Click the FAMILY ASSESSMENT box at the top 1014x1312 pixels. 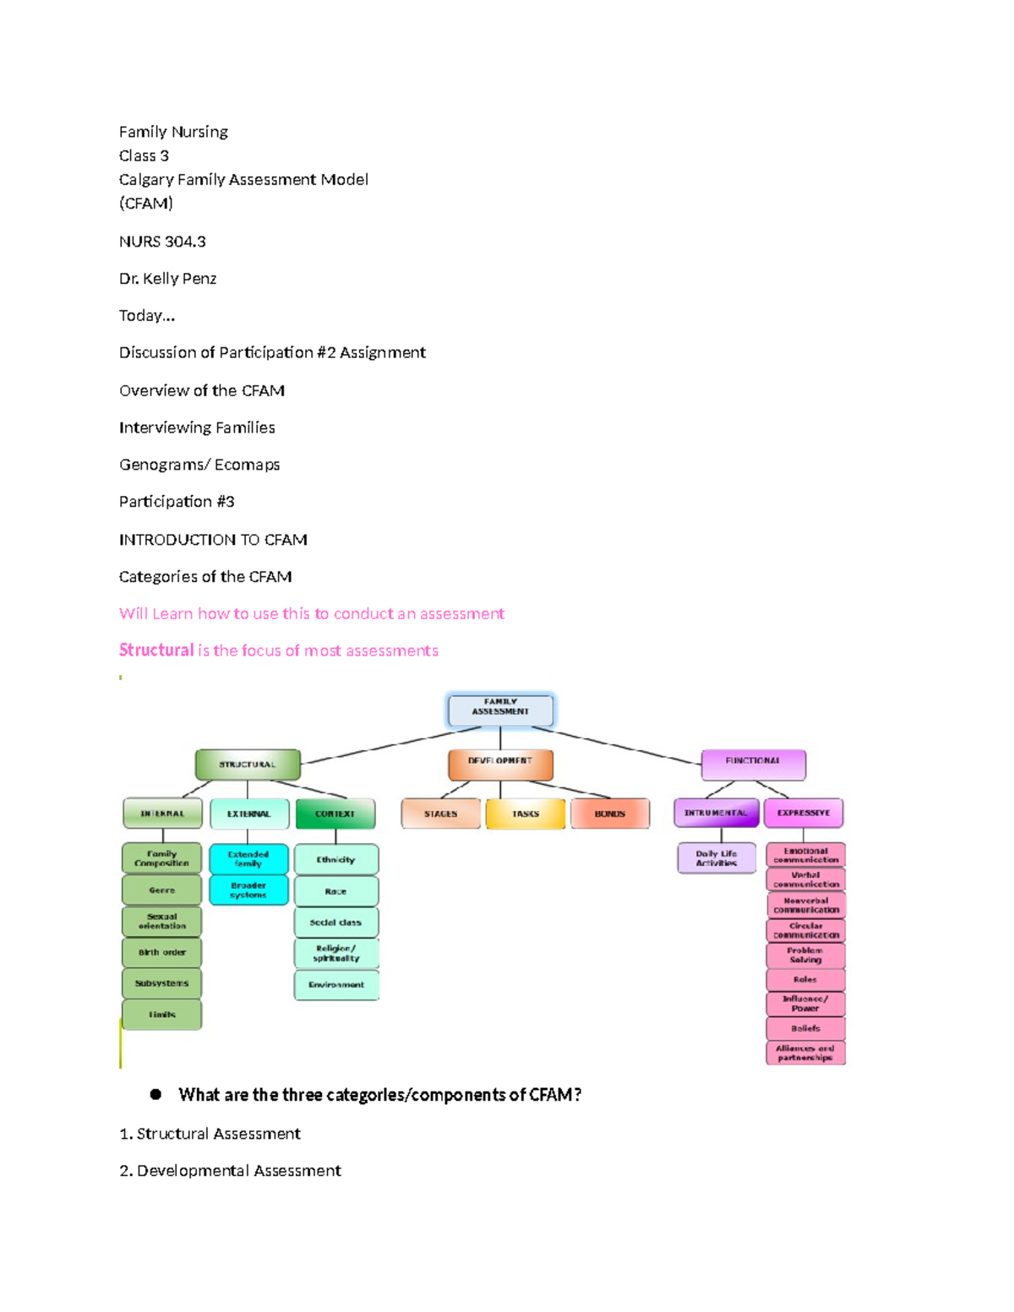point(500,710)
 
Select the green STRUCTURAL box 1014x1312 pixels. point(248,765)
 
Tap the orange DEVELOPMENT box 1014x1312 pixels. point(500,764)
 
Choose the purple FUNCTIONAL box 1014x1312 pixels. point(753,764)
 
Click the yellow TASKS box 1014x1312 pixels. point(525,814)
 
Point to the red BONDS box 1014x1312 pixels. point(609,814)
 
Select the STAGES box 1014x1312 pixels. point(440,814)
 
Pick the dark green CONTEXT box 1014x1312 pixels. point(335,814)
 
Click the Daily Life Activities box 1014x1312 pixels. point(717,858)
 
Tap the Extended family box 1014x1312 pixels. point(248,859)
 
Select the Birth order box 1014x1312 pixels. point(162,952)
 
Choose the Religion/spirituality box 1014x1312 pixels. point(336,953)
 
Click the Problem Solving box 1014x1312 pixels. point(805,955)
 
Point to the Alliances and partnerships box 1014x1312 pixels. point(805,1053)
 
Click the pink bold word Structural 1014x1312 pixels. point(156,651)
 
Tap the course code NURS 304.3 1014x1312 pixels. point(162,242)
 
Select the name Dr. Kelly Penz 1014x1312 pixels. point(167,279)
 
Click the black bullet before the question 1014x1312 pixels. point(155,1094)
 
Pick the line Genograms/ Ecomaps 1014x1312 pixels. point(199,465)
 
